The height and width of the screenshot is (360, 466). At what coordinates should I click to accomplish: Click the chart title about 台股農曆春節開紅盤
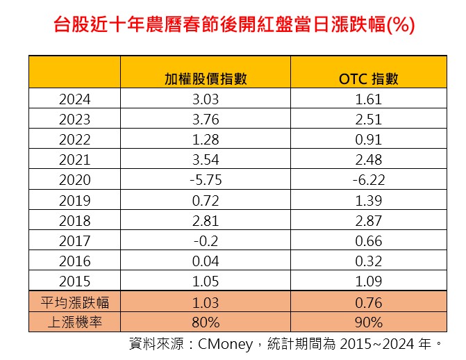click(233, 26)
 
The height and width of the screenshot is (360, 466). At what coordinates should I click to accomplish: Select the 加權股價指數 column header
click(206, 79)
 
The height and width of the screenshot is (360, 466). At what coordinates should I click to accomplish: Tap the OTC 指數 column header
click(368, 79)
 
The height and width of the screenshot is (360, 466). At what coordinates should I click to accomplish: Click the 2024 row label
click(75, 99)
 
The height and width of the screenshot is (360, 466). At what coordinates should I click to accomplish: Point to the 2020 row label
click(75, 179)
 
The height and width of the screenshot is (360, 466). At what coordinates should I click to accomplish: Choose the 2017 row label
click(75, 241)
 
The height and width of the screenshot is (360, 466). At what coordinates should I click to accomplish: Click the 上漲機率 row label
click(75, 322)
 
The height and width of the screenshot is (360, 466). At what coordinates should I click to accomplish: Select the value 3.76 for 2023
click(206, 119)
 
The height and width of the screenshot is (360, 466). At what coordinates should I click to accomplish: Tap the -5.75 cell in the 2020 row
click(206, 179)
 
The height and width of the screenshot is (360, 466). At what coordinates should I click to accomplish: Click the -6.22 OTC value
click(368, 179)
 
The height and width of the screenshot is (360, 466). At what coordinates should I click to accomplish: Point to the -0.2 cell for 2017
click(206, 241)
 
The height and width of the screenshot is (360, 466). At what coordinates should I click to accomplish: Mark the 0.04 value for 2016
click(206, 261)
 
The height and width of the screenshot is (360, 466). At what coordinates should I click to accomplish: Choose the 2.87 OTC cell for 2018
click(368, 220)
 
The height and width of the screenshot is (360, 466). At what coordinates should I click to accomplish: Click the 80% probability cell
click(206, 322)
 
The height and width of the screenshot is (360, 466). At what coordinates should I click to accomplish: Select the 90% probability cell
click(368, 322)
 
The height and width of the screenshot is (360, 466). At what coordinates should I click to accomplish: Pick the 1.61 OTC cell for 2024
click(368, 99)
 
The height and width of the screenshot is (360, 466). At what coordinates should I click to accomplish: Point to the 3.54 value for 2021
click(206, 159)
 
